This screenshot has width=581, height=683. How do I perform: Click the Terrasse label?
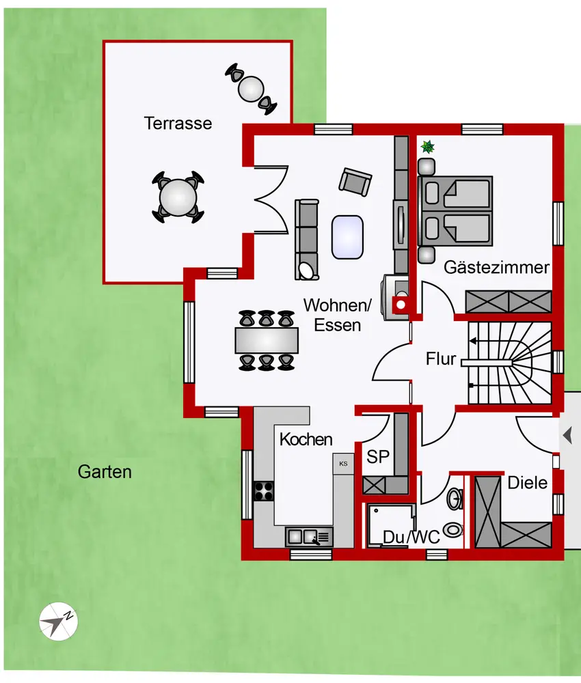(178, 124)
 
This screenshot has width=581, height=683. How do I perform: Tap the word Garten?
(105, 471)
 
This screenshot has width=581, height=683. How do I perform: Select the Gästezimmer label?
(497, 267)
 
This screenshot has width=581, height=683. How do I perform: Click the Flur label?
(440, 358)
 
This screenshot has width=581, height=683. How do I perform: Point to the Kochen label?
(306, 440)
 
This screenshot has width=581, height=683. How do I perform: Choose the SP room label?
(377, 457)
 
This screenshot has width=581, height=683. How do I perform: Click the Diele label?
(527, 483)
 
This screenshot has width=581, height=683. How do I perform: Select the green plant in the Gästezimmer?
(428, 146)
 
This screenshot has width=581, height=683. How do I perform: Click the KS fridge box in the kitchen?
(342, 464)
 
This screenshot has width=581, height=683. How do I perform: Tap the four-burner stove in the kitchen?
(264, 491)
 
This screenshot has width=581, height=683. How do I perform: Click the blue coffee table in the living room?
(347, 236)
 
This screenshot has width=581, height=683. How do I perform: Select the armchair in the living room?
(356, 182)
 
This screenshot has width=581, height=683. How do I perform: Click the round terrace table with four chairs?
(178, 197)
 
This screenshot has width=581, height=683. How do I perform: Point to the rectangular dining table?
(267, 340)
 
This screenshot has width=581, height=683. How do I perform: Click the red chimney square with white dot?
(401, 305)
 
